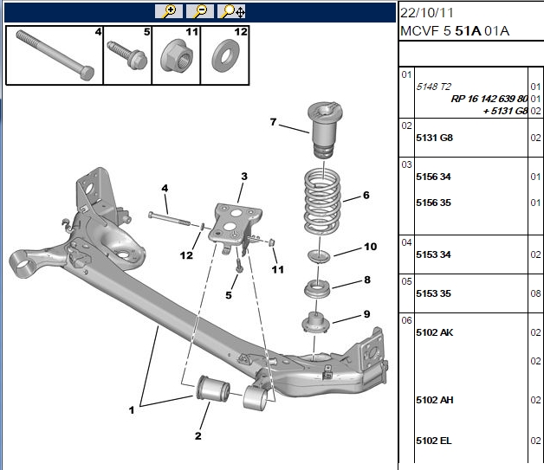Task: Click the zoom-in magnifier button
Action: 168,11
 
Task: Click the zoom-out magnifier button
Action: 200,11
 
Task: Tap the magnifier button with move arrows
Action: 231,11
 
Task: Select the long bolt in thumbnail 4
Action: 55,55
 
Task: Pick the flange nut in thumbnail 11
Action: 176,55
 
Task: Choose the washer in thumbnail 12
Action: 223,55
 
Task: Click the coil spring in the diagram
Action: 322,201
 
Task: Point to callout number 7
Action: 274,122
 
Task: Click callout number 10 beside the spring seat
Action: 370,247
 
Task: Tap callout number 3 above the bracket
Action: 244,177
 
